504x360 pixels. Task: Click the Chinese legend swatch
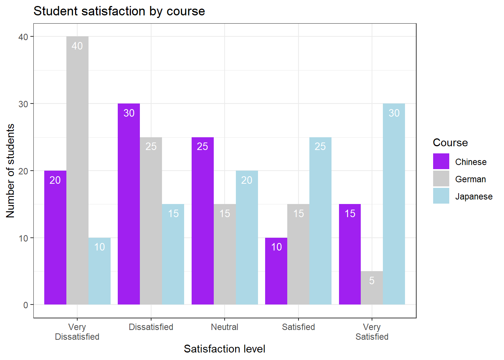[441, 162]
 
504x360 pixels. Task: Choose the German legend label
[470, 179]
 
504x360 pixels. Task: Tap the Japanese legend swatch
[441, 196]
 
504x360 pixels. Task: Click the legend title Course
[450, 142]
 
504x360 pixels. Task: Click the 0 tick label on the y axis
[25, 305]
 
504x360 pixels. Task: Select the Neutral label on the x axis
[224, 327]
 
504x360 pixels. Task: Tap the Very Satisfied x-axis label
[372, 332]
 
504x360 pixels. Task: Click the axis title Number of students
[10, 171]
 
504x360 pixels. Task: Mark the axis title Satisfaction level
[224, 349]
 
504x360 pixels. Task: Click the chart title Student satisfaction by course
[119, 11]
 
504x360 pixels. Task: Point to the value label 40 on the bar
[77, 46]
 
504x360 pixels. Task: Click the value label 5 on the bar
[372, 280]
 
